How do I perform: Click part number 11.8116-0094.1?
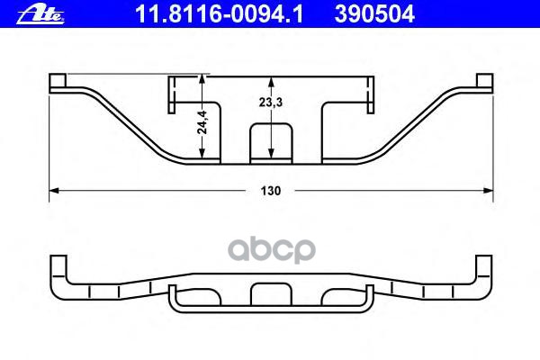click(x=219, y=14)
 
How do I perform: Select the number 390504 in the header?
click(x=374, y=14)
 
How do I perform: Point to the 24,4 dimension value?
click(x=202, y=122)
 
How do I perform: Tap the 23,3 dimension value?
click(x=271, y=102)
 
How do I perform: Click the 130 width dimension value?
click(x=271, y=191)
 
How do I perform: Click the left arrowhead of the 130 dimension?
click(x=54, y=190)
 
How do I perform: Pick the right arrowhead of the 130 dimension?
click(x=489, y=190)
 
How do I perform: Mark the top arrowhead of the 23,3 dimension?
click(x=271, y=82)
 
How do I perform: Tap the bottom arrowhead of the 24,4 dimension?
click(x=202, y=153)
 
